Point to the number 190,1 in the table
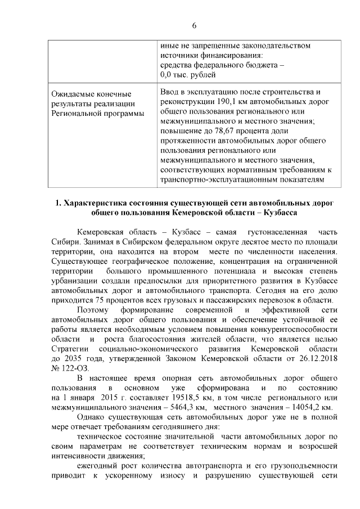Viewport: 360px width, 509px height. click(x=226, y=102)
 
